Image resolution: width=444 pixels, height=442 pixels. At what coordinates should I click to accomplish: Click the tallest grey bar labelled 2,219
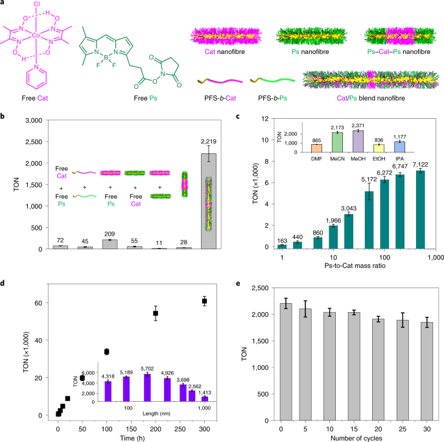tap(210, 201)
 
